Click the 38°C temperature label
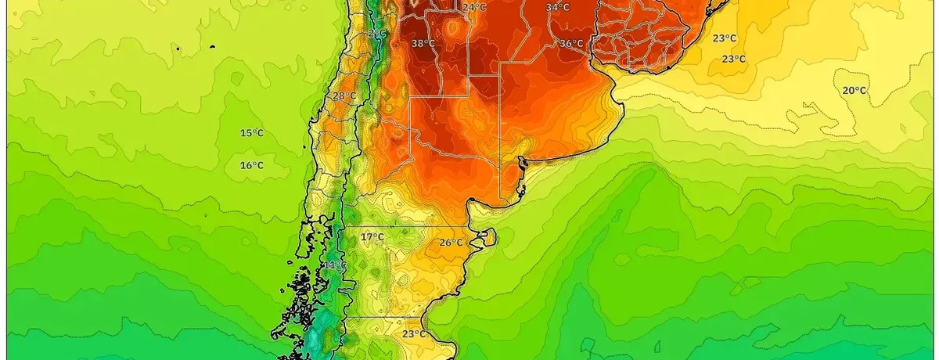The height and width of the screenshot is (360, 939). [423, 44]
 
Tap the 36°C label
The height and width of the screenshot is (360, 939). [570, 44]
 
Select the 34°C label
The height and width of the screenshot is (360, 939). [558, 8]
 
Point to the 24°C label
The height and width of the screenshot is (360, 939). [473, 8]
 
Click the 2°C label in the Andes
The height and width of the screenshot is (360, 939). [376, 34]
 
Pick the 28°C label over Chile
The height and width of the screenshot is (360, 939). [344, 96]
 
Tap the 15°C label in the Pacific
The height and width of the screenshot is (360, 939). [251, 133]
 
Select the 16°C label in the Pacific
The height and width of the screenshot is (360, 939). [251, 165]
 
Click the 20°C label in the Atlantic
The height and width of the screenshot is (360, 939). [854, 90]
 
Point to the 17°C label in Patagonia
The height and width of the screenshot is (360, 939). [372, 236]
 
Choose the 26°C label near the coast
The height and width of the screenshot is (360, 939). [450, 243]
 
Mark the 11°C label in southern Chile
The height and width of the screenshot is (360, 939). [335, 266]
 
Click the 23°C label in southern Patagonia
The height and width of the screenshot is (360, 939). [414, 333]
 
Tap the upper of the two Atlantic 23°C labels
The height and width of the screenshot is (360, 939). [724, 38]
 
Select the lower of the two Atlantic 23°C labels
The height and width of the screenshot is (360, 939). [733, 59]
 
